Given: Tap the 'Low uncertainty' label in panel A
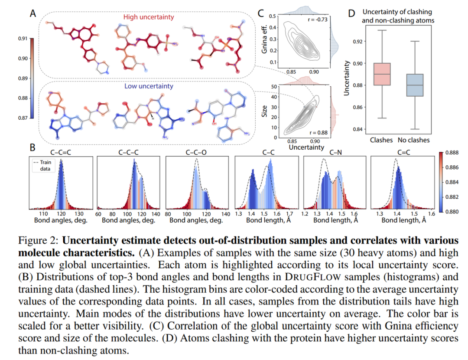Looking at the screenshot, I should [x=149, y=86].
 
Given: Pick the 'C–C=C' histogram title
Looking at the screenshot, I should [x=61, y=152].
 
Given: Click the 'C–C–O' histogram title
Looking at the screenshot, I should [x=197, y=152].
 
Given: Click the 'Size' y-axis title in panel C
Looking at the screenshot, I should [x=264, y=111].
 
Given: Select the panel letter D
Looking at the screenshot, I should [x=351, y=13].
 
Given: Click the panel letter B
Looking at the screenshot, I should [x=32, y=147].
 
